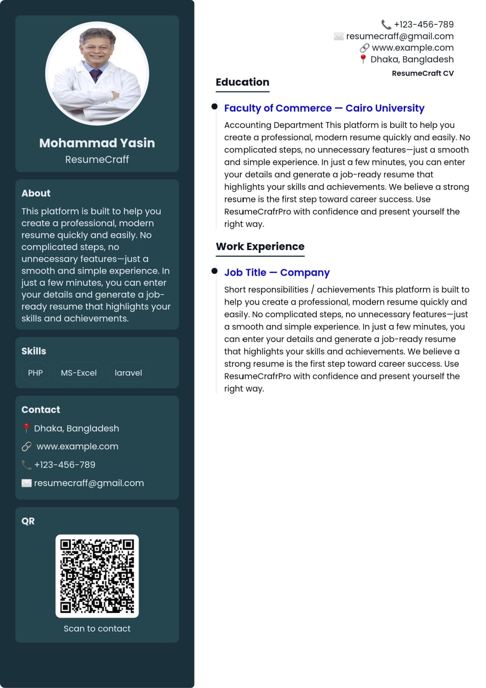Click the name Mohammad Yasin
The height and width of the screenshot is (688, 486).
(97, 143)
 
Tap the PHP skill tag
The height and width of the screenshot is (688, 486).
(35, 373)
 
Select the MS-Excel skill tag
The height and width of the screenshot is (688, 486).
(79, 373)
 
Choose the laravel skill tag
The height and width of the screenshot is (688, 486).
(128, 373)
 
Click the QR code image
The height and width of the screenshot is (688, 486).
(97, 576)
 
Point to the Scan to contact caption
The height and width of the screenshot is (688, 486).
(97, 629)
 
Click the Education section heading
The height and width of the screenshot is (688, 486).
(242, 82)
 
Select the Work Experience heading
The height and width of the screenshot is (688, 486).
(260, 246)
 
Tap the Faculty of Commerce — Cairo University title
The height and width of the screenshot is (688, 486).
(324, 108)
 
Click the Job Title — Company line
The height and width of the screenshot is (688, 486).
(277, 273)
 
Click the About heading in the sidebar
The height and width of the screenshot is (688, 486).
(36, 193)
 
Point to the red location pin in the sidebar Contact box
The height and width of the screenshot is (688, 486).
(27, 428)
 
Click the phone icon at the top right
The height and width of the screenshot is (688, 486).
(386, 24)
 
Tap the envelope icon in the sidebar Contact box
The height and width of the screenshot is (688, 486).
(27, 483)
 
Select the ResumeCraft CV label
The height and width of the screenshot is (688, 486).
(423, 73)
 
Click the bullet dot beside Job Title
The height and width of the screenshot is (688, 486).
(215, 271)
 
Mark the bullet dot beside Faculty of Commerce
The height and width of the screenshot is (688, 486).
(215, 106)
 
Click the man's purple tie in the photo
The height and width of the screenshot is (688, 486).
(96, 74)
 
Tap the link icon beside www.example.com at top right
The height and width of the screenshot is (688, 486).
(364, 48)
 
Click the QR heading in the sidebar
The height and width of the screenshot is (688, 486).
(28, 521)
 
